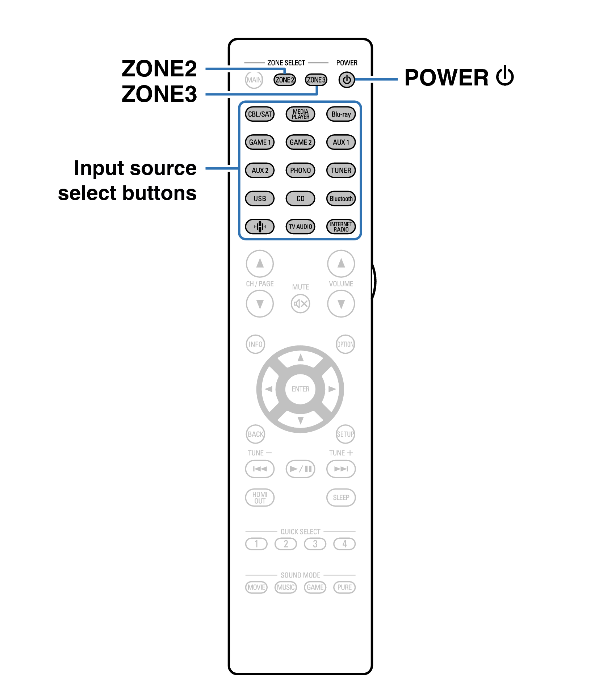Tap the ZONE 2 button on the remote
coord(284,80)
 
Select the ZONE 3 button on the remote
coord(316,80)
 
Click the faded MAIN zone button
coord(254,80)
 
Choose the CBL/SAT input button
coord(260,114)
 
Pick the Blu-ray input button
coord(341,114)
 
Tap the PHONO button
coord(300,170)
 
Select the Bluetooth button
coord(341,198)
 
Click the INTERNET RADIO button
coord(341,227)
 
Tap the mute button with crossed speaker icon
coord(300,303)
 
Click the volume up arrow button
coord(341,263)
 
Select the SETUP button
coord(345,434)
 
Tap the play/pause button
coord(300,469)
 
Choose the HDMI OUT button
coord(260,498)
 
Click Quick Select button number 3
coord(315,544)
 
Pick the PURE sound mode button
coord(344,587)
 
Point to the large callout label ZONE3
coord(159,94)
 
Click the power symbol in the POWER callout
coord(505,76)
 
